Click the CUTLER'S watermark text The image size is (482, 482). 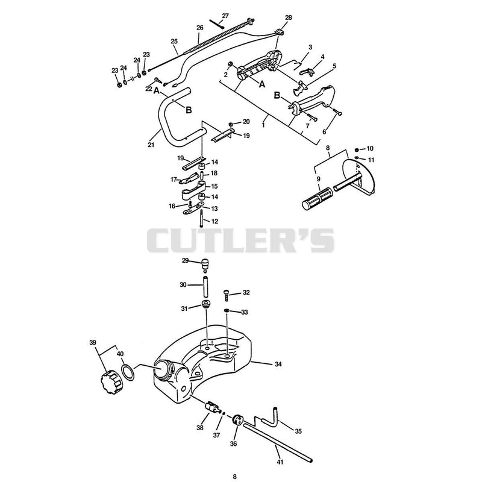pos(240,240)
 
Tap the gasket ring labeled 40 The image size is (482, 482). pos(128,372)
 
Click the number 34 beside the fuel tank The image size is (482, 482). pos(278,364)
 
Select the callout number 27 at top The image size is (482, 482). pos(225,16)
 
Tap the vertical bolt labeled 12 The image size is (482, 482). pos(201,218)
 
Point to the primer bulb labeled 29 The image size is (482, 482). pos(204,265)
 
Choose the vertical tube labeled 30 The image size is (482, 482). pos(205,287)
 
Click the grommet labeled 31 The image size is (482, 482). pos(205,304)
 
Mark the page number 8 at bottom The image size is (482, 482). pos(234,477)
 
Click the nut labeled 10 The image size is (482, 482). pos(357,149)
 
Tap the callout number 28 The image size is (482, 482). pos(288,17)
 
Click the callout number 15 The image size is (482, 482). pos(214,186)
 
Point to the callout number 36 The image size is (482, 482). pos(233,443)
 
